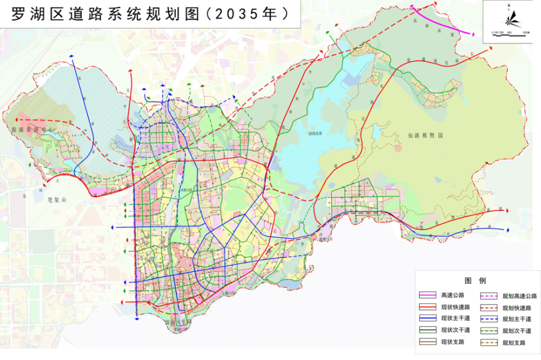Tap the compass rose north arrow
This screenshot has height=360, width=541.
[510, 17]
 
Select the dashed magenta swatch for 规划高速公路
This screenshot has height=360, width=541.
[489, 296]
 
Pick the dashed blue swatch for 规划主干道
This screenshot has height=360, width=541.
[489, 319]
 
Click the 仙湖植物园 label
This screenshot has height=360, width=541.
[425, 136]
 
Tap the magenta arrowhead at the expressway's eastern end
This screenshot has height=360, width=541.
[473, 34]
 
